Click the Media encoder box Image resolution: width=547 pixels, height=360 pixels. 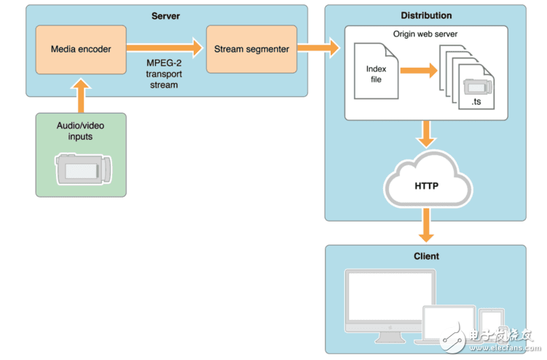[81, 49]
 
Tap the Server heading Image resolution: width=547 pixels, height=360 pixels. [166, 15]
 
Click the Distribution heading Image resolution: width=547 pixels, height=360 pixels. [426, 15]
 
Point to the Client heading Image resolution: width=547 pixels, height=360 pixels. [426, 257]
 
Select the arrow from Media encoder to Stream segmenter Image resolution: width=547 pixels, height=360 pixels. [165, 48]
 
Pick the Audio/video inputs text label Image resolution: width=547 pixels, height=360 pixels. [81, 130]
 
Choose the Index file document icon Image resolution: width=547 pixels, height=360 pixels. [376, 71]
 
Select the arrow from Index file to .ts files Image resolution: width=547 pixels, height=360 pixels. [418, 71]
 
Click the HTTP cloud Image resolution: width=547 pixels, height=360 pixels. [426, 184]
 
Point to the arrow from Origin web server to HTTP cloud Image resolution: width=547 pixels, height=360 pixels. [426, 133]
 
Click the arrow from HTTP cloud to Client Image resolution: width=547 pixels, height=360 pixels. [426, 225]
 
